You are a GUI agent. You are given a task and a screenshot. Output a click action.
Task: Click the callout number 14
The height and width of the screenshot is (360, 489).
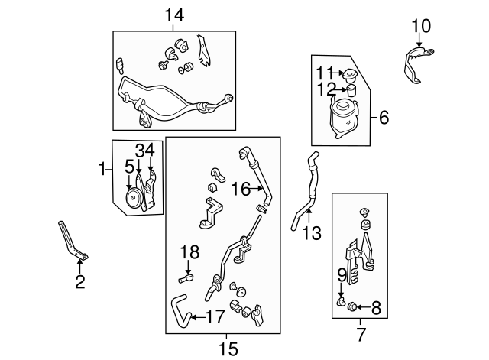click(x=174, y=14)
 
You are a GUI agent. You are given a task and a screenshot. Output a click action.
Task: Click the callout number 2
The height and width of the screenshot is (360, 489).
click(x=79, y=282)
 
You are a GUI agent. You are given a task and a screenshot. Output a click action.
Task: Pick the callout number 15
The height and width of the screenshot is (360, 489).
click(x=226, y=349)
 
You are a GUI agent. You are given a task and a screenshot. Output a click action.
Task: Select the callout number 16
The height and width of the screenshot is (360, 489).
click(x=241, y=188)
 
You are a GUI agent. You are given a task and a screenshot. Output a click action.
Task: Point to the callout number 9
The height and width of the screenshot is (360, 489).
click(x=342, y=273)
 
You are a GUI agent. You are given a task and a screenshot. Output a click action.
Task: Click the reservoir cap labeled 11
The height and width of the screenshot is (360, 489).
click(x=352, y=76)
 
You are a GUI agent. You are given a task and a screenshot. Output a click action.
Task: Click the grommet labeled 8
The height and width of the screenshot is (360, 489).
click(x=352, y=308)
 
